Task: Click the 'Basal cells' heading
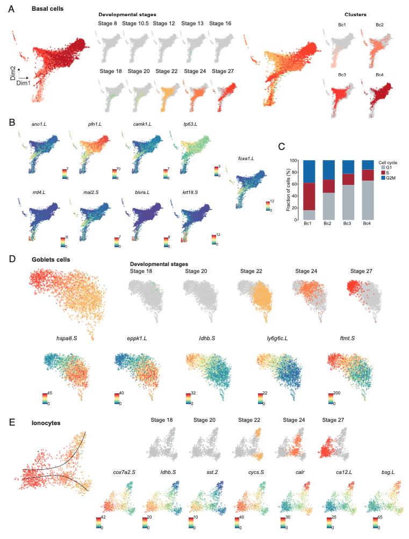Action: click(46, 9)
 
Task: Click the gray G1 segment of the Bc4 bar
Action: click(368, 199)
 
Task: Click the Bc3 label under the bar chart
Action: click(348, 224)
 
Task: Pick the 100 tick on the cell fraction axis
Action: click(297, 160)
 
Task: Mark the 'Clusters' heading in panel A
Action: click(355, 15)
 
